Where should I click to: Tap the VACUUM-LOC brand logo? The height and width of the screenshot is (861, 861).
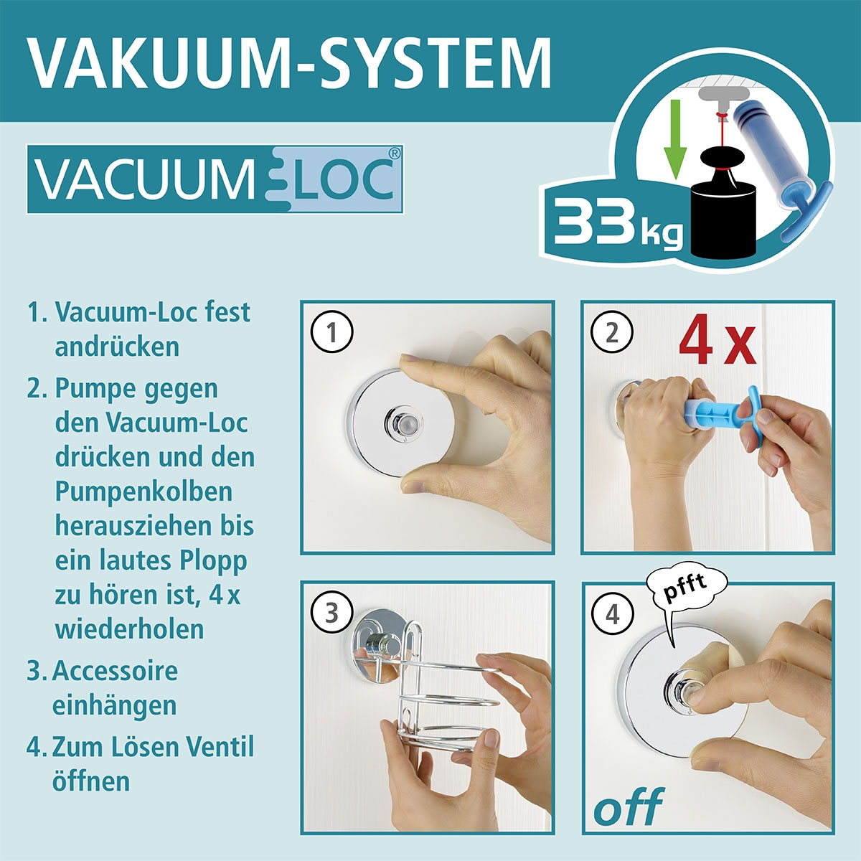[215, 179]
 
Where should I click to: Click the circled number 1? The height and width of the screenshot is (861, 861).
[331, 334]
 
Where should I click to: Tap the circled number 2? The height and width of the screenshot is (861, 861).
[611, 334]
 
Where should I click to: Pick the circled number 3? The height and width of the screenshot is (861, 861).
[331, 613]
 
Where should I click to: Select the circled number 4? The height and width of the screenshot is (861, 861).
[611, 614]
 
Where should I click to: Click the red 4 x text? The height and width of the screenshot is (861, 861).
[717, 342]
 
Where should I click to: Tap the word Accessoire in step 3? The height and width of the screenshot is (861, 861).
[115, 671]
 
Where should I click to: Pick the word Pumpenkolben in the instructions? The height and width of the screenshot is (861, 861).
[143, 491]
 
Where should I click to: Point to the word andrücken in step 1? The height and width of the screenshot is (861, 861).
[117, 347]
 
